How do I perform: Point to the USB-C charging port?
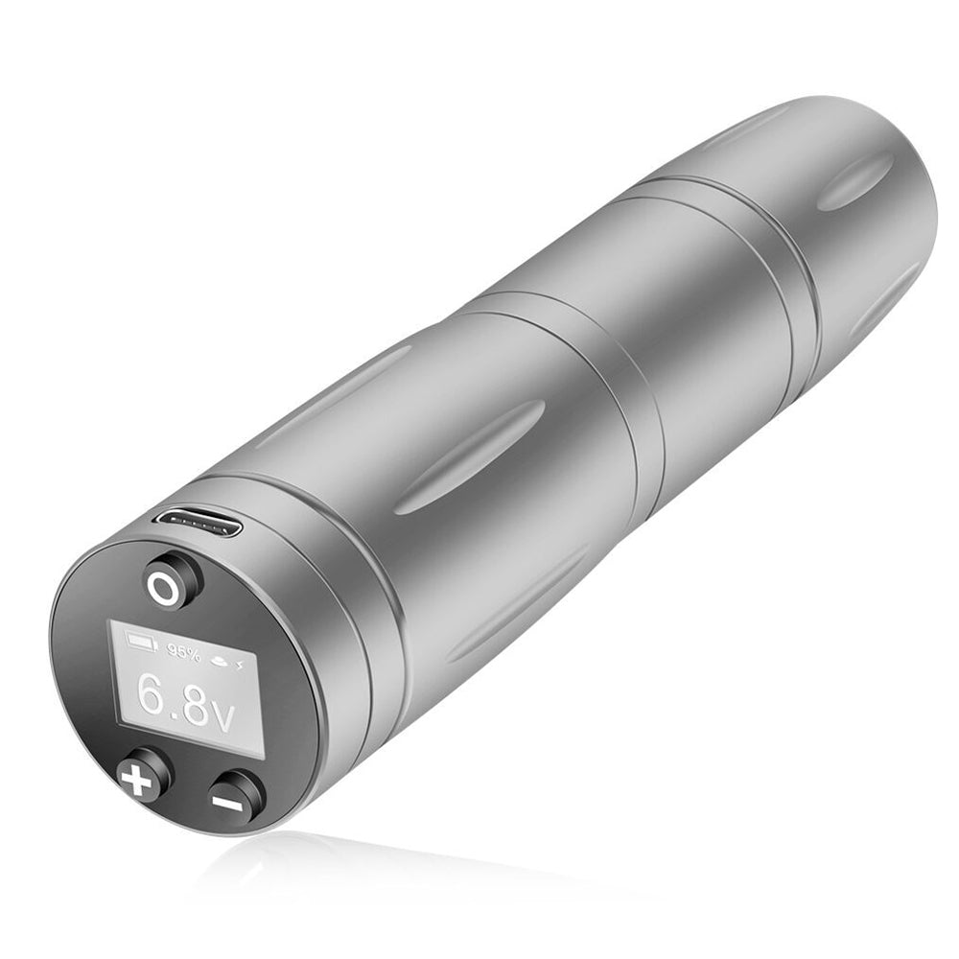[x=199, y=522]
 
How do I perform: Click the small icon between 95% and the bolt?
[x=219, y=660]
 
